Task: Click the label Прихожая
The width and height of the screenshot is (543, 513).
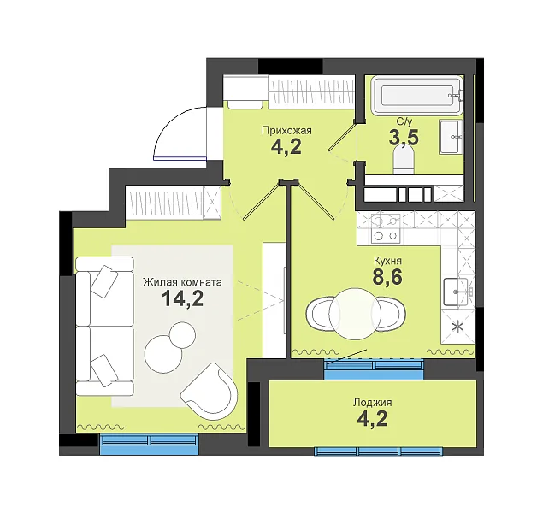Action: pyautogui.click(x=286, y=131)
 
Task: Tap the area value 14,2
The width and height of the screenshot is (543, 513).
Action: pyautogui.click(x=182, y=298)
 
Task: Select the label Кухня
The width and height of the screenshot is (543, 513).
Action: pyautogui.click(x=387, y=260)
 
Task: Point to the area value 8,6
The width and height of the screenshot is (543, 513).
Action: pyautogui.click(x=387, y=276)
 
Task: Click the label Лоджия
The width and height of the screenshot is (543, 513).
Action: pyautogui.click(x=373, y=403)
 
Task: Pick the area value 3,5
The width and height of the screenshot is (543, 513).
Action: pyautogui.click(x=404, y=138)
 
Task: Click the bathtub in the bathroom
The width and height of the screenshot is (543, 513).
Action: pyautogui.click(x=417, y=95)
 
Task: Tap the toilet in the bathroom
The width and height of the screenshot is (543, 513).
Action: pyautogui.click(x=404, y=159)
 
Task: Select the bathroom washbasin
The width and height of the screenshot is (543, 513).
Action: pyautogui.click(x=452, y=137)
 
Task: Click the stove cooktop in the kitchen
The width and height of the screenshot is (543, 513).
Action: pyautogui.click(x=386, y=228)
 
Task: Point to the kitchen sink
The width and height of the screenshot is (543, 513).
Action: pyautogui.click(x=456, y=292)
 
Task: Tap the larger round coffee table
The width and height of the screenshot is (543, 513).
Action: pyautogui.click(x=163, y=354)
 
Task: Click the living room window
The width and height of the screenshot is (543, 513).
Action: pyautogui.click(x=149, y=444)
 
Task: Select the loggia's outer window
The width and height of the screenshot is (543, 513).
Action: pyautogui.click(x=378, y=451)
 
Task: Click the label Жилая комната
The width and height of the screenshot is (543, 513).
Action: pyautogui.click(x=182, y=282)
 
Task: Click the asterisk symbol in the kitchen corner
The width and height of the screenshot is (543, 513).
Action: pyautogui.click(x=459, y=327)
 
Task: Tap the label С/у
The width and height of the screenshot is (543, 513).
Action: pyautogui.click(x=404, y=122)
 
